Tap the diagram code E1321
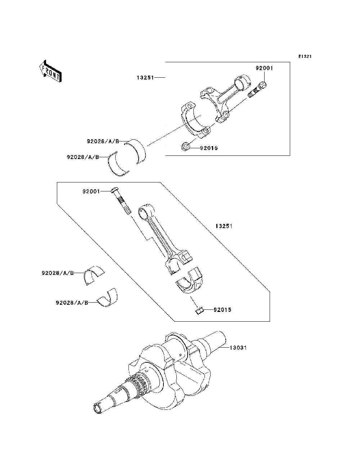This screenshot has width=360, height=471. coord(305,56)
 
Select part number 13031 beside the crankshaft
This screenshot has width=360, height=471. coord(238,348)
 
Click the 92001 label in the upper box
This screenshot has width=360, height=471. coord(264,68)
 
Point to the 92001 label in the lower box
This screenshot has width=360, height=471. coord(91,191)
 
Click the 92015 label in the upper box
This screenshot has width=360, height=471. coord(209,148)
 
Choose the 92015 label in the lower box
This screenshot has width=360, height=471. coord(222,309)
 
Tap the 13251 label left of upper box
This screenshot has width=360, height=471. coord(145,77)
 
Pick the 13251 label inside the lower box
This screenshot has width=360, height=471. coord(224,226)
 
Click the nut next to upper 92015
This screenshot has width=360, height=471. coord(186,146)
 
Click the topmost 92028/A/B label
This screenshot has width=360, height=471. coord(103,141)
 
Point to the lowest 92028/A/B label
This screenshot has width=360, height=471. coord(72,303)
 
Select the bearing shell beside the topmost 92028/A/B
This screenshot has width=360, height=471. coord(135,151)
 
